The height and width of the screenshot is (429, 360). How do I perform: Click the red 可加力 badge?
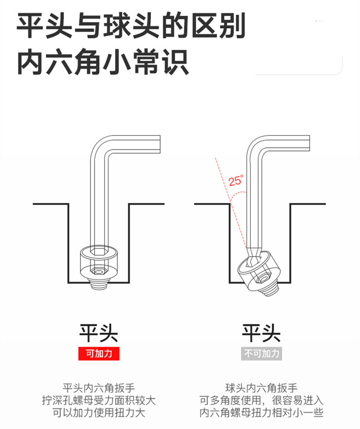coord(99,353)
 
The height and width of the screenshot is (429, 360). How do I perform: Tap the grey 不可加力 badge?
coord(261,353)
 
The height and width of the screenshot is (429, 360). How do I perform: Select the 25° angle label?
coord(236,181)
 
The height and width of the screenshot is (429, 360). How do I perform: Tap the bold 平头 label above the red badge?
coord(99,333)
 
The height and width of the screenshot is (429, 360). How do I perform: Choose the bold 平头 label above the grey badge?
coord(261,333)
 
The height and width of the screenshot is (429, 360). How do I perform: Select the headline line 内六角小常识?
coord(103,62)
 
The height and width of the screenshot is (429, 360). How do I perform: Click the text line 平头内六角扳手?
coord(99,388)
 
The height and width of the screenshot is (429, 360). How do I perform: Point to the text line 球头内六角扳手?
coord(261,388)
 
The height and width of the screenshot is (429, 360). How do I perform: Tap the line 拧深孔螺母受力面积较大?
coord(99,400)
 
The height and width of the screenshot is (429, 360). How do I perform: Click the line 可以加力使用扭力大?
coord(99,413)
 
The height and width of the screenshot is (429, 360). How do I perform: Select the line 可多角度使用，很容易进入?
coord(261,400)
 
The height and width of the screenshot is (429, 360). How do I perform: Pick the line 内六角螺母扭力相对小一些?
coord(261,413)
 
